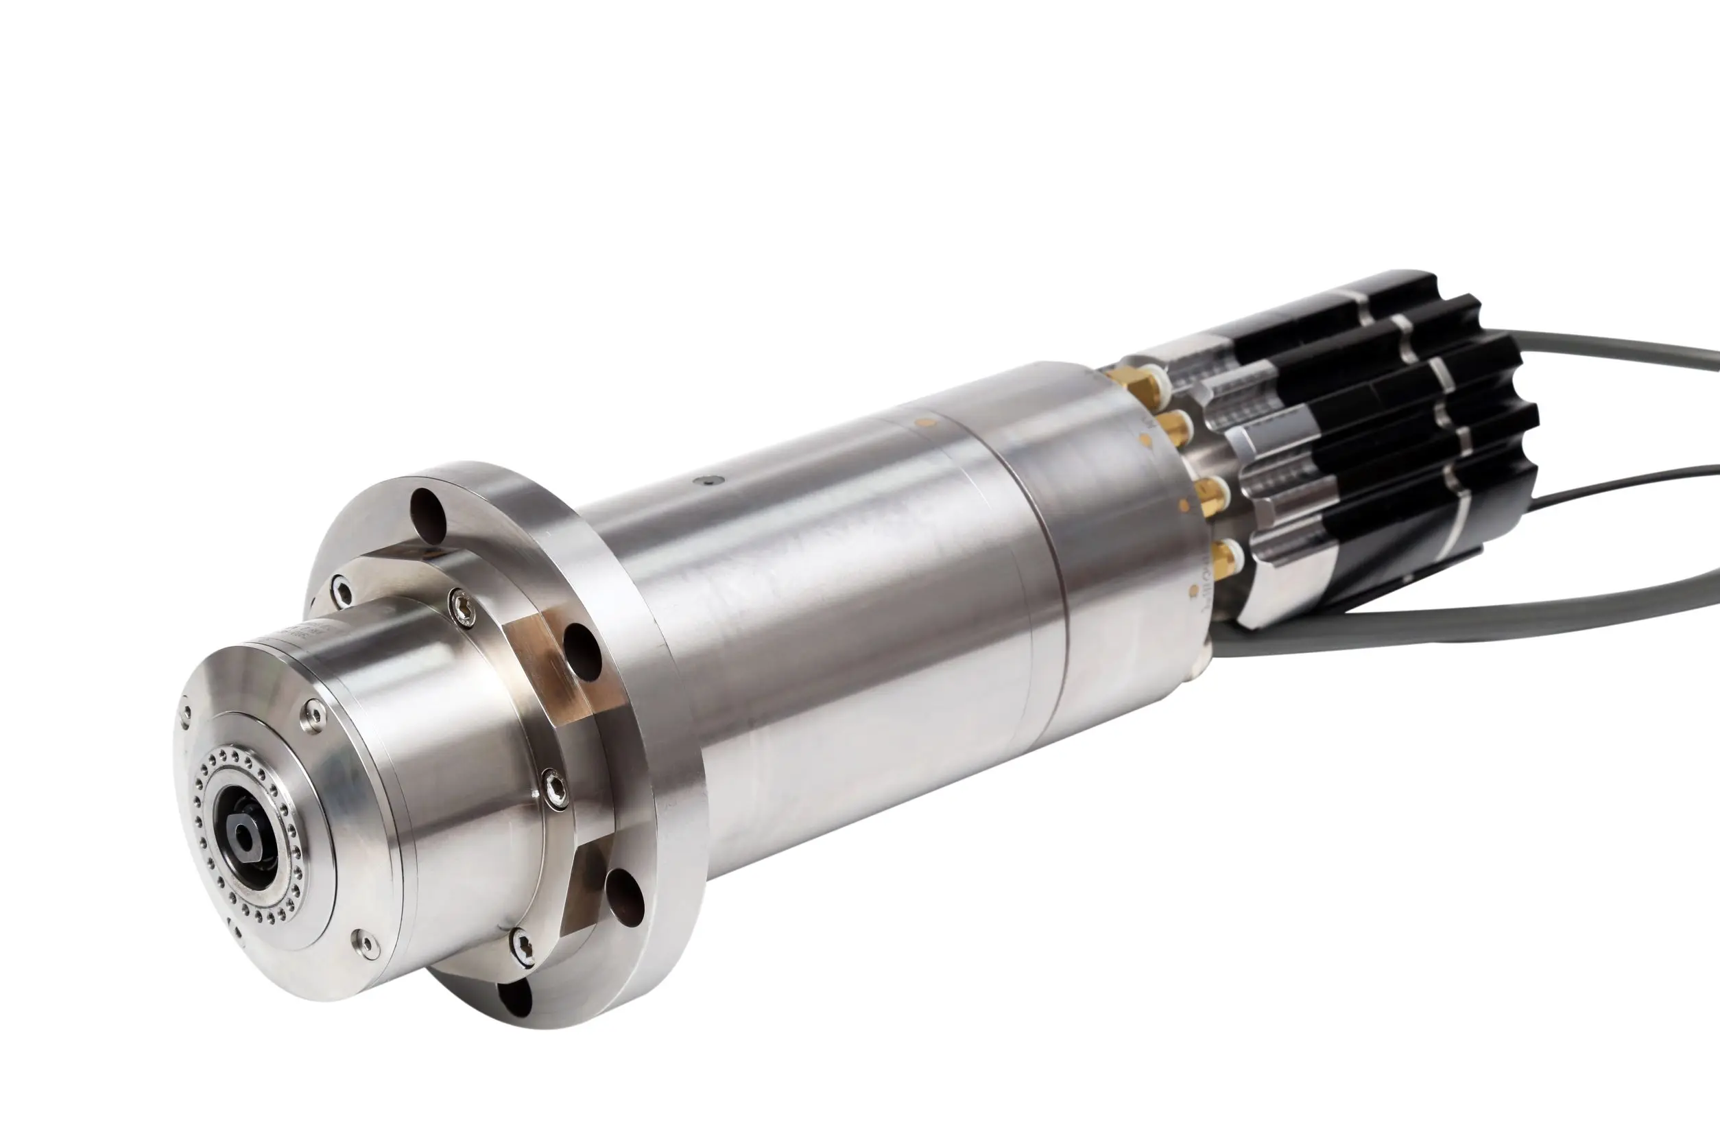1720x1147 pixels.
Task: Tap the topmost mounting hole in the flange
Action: click(x=429, y=510)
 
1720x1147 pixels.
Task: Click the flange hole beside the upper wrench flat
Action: click(x=583, y=649)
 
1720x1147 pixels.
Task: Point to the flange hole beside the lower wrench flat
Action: click(x=625, y=894)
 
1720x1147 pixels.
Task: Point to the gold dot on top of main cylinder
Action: click(x=927, y=421)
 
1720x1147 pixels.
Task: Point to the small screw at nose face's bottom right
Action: click(x=366, y=945)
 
